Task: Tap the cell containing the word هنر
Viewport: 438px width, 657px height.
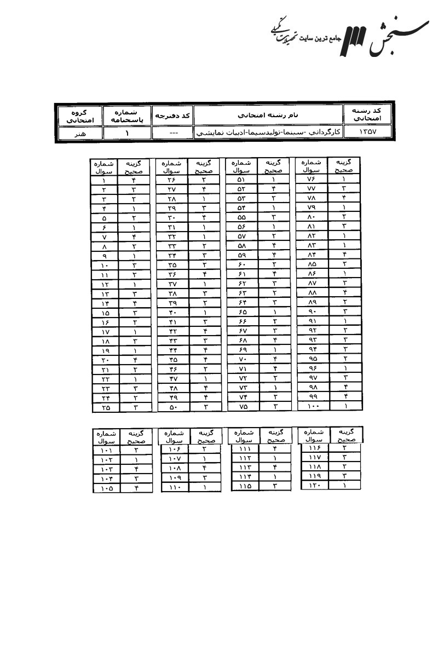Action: pyautogui.click(x=80, y=133)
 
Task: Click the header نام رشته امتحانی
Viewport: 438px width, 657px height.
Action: pyautogui.click(x=268, y=116)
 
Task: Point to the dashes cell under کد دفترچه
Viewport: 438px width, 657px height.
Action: pyautogui.click(x=172, y=133)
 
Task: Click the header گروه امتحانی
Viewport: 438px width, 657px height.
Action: pyautogui.click(x=80, y=116)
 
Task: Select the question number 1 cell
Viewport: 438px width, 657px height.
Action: pyautogui.click(x=103, y=180)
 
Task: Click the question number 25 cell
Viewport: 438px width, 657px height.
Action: pyautogui.click(x=103, y=407)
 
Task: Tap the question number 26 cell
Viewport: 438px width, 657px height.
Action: pyautogui.click(x=171, y=180)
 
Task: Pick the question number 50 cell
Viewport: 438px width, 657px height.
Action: pyautogui.click(x=171, y=407)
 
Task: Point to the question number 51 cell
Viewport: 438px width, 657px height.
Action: pyautogui.click(x=241, y=180)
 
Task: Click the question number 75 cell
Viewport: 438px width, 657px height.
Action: pyautogui.click(x=241, y=407)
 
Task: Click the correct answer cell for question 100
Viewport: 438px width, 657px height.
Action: pyautogui.click(x=345, y=406)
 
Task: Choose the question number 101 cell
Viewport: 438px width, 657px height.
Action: pyautogui.click(x=106, y=451)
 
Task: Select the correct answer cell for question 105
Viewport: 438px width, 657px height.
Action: pyautogui.click(x=136, y=488)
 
